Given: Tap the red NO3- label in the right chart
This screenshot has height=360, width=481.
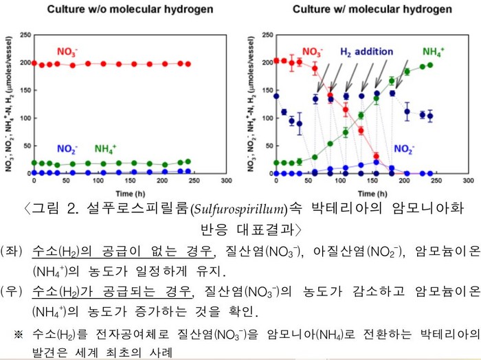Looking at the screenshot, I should (x=313, y=52).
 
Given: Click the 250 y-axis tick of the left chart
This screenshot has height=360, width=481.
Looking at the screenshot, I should (x=25, y=35).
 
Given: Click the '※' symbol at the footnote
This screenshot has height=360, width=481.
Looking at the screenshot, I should (x=19, y=335).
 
